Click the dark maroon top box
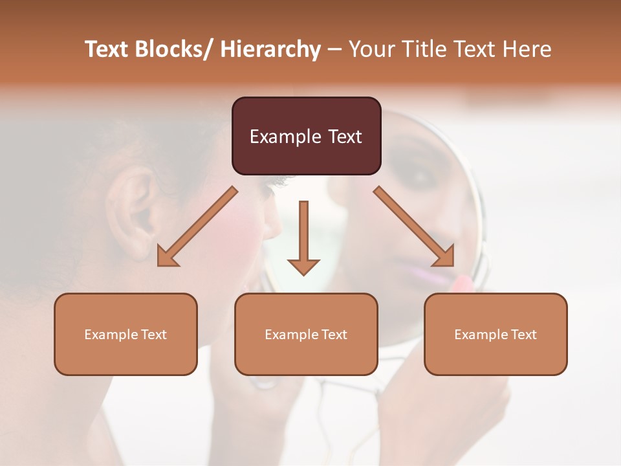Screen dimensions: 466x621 coord(306,136)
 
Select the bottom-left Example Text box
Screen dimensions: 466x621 coord(125,334)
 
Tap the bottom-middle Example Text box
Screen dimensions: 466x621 coord(306,334)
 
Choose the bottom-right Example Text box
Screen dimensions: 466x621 coord(496,334)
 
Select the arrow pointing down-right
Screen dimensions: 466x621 coord(414,227)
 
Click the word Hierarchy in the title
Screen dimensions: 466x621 coord(270,50)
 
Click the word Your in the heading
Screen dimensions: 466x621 coord(371,50)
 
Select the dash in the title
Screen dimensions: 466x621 coord(334,50)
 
